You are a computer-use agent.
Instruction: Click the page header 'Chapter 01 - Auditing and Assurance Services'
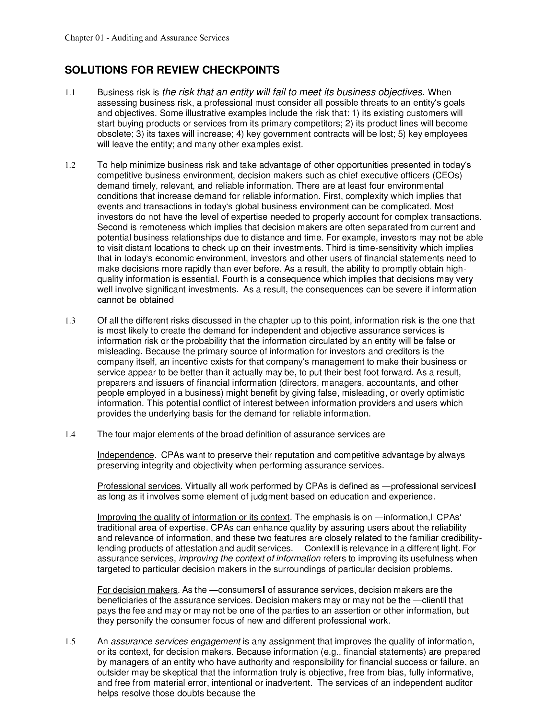[147, 38]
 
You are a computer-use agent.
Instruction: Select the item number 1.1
[70, 93]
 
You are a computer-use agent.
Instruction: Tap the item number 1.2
[70, 166]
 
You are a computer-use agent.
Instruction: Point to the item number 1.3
[70, 321]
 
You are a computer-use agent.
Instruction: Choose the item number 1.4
[70, 435]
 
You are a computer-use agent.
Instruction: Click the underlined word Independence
[125, 455]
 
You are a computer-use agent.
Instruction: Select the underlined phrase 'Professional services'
[139, 486]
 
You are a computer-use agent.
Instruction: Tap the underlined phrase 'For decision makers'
[137, 590]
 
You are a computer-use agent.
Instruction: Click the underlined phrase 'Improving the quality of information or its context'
[193, 518]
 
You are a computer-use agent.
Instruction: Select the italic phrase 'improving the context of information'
[250, 559]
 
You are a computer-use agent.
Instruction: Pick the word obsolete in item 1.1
[114, 134]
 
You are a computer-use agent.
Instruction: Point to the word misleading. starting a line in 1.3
[120, 352]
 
